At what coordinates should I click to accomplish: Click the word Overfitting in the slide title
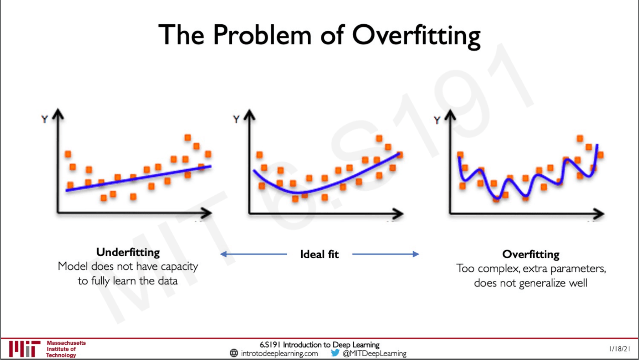click(416, 36)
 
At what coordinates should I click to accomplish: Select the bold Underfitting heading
click(128, 252)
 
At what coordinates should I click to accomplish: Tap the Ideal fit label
click(319, 254)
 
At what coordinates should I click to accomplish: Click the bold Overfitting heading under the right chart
click(531, 254)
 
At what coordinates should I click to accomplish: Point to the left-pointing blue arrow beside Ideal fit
click(254, 254)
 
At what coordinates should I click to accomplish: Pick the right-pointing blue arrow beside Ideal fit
click(385, 254)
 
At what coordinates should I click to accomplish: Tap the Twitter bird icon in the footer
click(335, 353)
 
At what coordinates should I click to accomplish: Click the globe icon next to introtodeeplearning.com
click(234, 353)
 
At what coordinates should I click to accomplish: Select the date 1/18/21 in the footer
click(619, 349)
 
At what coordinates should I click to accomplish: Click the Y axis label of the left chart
click(45, 119)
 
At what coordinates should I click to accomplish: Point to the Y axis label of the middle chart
click(236, 119)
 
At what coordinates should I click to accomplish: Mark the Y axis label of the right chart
click(437, 120)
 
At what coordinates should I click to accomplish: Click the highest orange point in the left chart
click(188, 138)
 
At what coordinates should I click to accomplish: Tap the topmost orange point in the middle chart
click(379, 138)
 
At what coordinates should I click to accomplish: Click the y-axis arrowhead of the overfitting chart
click(450, 114)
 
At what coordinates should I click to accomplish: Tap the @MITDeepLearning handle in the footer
click(374, 354)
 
